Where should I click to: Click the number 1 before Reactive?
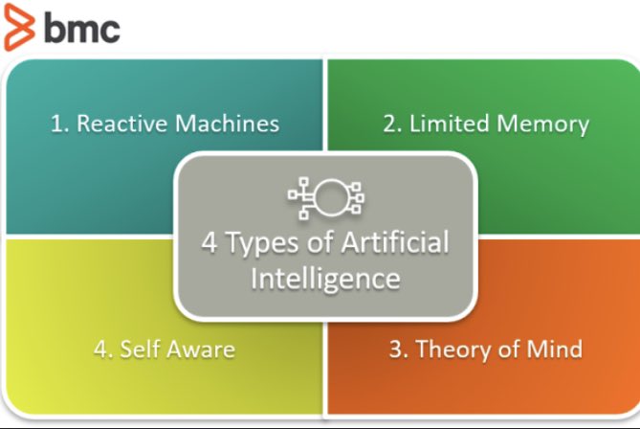56,124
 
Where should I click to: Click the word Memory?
543,124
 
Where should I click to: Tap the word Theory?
456,349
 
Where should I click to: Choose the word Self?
139,349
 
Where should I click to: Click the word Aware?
201,349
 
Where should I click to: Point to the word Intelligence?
325,279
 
